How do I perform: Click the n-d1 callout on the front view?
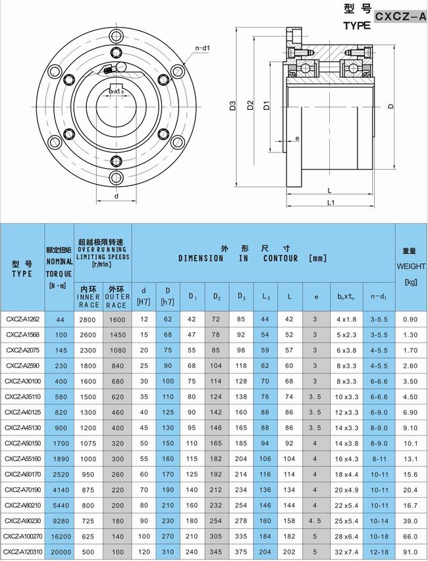pos(202,48)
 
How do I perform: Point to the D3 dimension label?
pos(234,106)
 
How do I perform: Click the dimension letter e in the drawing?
pos(298,138)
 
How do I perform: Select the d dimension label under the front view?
pos(116,196)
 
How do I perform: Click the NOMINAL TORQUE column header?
pos(60,267)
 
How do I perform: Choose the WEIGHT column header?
pos(410,267)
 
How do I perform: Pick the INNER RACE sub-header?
pos(88,297)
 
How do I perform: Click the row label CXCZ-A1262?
pos(22,319)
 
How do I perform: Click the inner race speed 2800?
pos(88,319)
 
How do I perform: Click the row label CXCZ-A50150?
pos(22,444)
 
